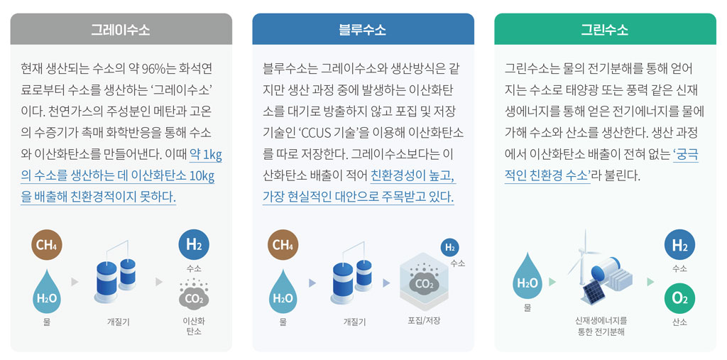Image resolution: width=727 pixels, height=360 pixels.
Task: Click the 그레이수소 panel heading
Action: click(121, 30)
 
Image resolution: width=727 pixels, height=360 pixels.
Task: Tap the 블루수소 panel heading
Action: click(363, 30)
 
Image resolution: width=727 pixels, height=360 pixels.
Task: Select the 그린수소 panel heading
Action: click(605, 30)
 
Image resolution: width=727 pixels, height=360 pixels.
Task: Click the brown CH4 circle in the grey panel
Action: click(47, 244)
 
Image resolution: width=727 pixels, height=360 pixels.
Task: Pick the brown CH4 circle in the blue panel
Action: click(283, 244)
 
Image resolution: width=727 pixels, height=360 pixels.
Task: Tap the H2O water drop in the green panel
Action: click(528, 279)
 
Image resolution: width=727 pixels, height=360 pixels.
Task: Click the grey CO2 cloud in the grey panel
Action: click(194, 295)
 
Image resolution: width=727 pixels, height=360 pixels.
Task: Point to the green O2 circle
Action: click(679, 298)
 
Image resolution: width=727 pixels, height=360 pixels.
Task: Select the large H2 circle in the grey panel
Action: click(194, 244)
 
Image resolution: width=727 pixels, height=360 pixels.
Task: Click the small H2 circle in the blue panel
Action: click(449, 247)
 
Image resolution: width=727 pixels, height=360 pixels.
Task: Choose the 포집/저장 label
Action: click(425, 320)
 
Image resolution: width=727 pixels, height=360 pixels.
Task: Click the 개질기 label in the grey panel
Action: click(119, 321)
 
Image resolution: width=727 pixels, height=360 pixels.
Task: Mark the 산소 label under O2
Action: click(679, 322)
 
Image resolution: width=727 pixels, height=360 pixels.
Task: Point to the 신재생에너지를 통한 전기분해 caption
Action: click(601, 326)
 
